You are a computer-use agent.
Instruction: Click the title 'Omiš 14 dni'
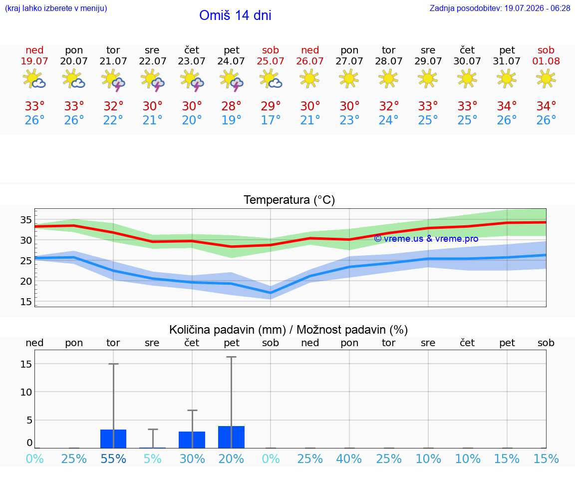[x=235, y=15]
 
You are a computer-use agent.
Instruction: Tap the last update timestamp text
[x=500, y=8]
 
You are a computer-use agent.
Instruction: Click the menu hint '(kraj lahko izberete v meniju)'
[x=56, y=8]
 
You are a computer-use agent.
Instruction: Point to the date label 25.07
[x=271, y=61]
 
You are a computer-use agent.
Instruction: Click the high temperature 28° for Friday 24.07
[x=232, y=106]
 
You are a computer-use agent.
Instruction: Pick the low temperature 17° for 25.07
[x=271, y=120]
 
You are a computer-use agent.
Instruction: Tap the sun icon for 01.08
[x=546, y=79]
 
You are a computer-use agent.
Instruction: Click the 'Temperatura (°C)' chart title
[x=289, y=200]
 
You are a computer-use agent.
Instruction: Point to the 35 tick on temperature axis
[x=26, y=220]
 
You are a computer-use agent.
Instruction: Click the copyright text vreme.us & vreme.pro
[x=426, y=239]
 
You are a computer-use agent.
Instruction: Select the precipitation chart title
[x=288, y=330]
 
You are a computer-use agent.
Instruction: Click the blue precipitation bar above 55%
[x=113, y=439]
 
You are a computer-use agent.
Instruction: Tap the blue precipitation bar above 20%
[x=232, y=437]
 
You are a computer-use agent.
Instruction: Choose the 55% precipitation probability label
[x=113, y=459]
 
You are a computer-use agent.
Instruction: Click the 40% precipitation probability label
[x=349, y=459]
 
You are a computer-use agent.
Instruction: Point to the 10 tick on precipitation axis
[x=26, y=392]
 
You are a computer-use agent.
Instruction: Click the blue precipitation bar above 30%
[x=192, y=440]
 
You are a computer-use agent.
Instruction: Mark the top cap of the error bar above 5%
[x=153, y=429]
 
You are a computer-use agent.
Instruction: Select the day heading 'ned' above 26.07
[x=310, y=50]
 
